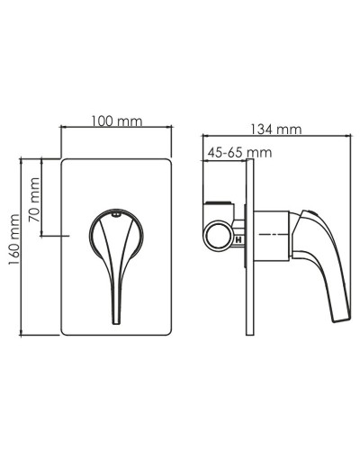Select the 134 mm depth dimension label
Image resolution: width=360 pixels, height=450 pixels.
276,130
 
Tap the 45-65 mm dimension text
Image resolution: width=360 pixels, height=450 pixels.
238,153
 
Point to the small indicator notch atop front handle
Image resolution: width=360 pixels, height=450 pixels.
115,215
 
